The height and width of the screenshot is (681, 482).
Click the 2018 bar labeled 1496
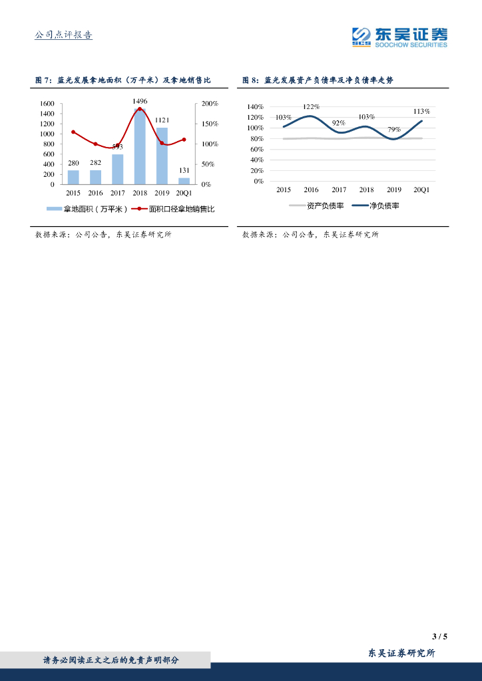(x=140, y=146)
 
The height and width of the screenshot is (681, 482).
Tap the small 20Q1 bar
(x=184, y=180)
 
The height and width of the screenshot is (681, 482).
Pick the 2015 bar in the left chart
(x=73, y=177)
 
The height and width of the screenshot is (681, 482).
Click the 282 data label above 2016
(x=96, y=163)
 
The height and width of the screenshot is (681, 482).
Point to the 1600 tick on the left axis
(x=47, y=104)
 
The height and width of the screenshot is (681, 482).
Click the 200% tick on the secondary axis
(x=210, y=104)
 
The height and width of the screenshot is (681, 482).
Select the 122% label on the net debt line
(x=311, y=106)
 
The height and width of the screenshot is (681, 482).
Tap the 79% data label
(x=394, y=129)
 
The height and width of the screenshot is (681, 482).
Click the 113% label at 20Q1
(x=421, y=111)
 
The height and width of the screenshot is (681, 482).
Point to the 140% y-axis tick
(x=255, y=106)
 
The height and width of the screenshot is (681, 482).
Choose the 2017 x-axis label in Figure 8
(x=339, y=190)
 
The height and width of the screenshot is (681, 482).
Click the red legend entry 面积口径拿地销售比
(x=176, y=209)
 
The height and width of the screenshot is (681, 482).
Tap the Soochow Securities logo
(x=399, y=37)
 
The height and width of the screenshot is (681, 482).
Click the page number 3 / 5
(x=439, y=636)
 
